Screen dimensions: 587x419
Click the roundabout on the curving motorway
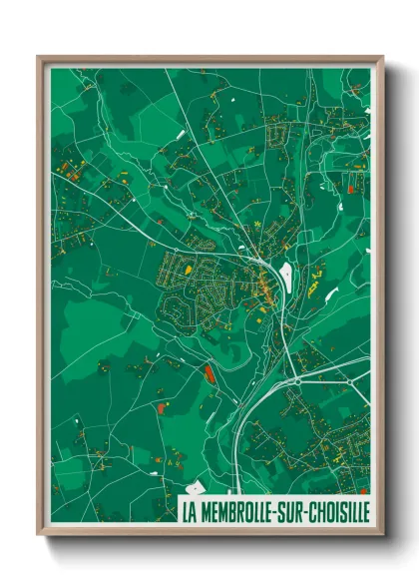[x=297, y=380]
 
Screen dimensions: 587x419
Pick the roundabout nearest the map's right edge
[x=350, y=380]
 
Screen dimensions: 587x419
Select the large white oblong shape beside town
[x=287, y=271]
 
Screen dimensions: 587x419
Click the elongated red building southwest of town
[x=209, y=373]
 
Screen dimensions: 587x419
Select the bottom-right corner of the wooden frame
[x=381, y=534]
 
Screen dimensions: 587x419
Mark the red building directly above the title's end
[x=363, y=491]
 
